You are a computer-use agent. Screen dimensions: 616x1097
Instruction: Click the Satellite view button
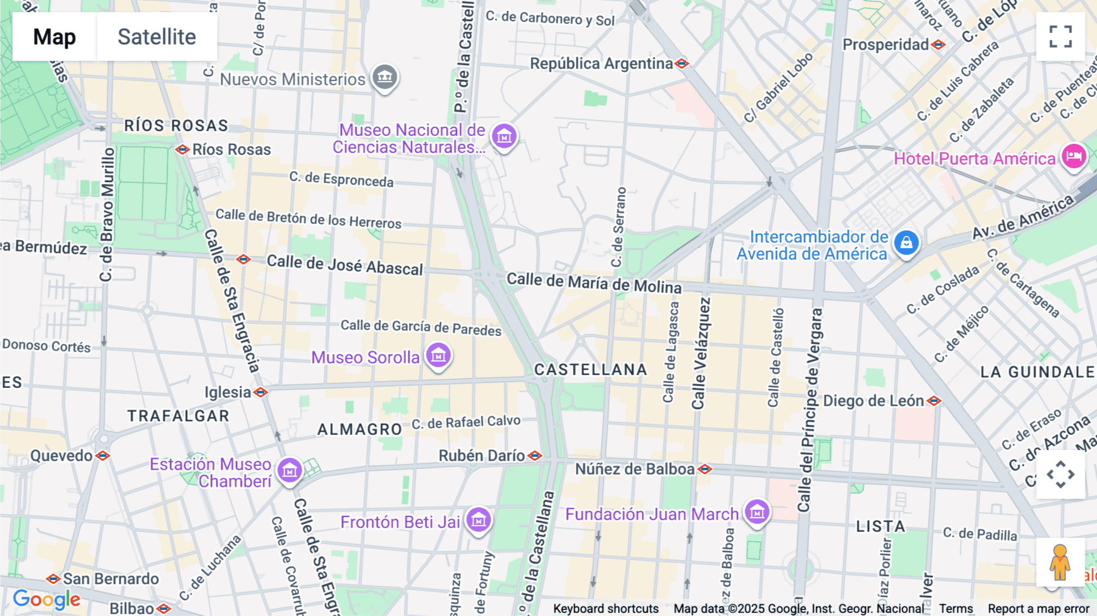157,37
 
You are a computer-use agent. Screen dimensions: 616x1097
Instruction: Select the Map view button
54,37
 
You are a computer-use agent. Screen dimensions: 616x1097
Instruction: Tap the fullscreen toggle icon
1060,37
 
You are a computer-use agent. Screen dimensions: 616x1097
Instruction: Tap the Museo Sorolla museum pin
438,355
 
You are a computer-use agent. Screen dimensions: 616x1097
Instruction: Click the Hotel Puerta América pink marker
1074,157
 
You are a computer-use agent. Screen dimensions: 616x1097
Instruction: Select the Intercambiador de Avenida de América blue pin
906,243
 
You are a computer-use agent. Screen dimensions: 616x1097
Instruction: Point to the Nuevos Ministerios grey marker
385,77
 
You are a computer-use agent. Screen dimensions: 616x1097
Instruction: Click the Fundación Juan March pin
757,512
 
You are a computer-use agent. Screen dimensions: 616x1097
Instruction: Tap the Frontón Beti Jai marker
478,520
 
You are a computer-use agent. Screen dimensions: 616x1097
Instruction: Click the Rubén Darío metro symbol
534,456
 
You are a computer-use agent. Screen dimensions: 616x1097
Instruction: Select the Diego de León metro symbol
934,401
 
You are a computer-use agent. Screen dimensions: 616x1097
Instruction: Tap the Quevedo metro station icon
103,456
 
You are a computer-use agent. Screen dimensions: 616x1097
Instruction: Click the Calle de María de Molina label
594,283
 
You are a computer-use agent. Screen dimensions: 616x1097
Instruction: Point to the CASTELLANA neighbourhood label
591,370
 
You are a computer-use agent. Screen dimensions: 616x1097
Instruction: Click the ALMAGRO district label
360,429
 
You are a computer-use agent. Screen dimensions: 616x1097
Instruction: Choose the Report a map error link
1038,609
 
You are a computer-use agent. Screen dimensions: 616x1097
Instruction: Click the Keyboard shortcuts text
606,609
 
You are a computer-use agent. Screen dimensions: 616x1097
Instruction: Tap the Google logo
46,600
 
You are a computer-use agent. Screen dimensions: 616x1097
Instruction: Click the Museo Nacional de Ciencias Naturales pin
504,137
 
